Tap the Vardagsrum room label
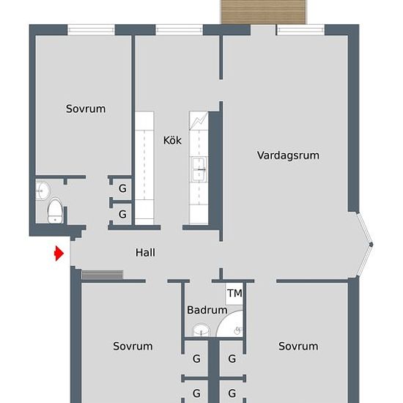(x=288, y=155)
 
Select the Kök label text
(x=172, y=141)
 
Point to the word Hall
(x=145, y=253)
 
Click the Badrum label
(x=207, y=310)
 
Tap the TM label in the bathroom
(x=234, y=294)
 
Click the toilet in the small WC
(x=55, y=211)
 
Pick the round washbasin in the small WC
(x=41, y=191)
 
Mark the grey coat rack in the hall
(x=102, y=275)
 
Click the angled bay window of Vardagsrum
(x=366, y=244)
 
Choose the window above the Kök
(x=180, y=30)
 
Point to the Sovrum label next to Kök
(x=86, y=108)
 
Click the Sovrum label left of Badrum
(x=133, y=346)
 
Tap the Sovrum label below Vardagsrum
(x=298, y=346)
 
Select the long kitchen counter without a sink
(x=144, y=167)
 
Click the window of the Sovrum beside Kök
(x=91, y=30)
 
